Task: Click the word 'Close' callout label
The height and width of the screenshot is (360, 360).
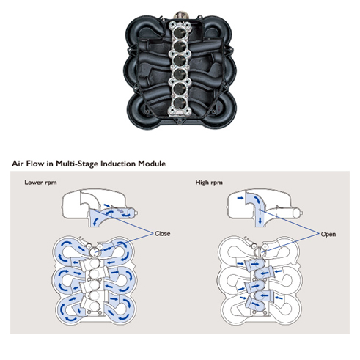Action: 163,234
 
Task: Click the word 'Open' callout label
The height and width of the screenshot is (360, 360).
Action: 328,234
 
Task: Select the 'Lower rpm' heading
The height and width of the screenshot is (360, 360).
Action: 40,183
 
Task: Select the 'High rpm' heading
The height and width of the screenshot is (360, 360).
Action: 209,183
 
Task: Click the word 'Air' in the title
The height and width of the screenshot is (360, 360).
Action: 18,164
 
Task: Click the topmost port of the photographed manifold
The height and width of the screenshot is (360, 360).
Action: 180,32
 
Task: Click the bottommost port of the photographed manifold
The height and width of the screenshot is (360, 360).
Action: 180,103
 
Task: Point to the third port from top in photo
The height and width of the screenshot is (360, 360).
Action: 180,60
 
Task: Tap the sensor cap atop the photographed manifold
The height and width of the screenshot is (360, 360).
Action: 181,15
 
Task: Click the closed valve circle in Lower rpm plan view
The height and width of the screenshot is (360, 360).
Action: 94,251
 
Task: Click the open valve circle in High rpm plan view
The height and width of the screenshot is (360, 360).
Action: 259,251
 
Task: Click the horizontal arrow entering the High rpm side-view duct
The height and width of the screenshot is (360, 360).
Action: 240,198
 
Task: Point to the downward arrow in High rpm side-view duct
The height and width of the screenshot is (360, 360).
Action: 260,219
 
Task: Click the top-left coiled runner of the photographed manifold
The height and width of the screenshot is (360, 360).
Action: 141,31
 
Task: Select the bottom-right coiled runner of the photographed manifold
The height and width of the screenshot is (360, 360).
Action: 221,110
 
